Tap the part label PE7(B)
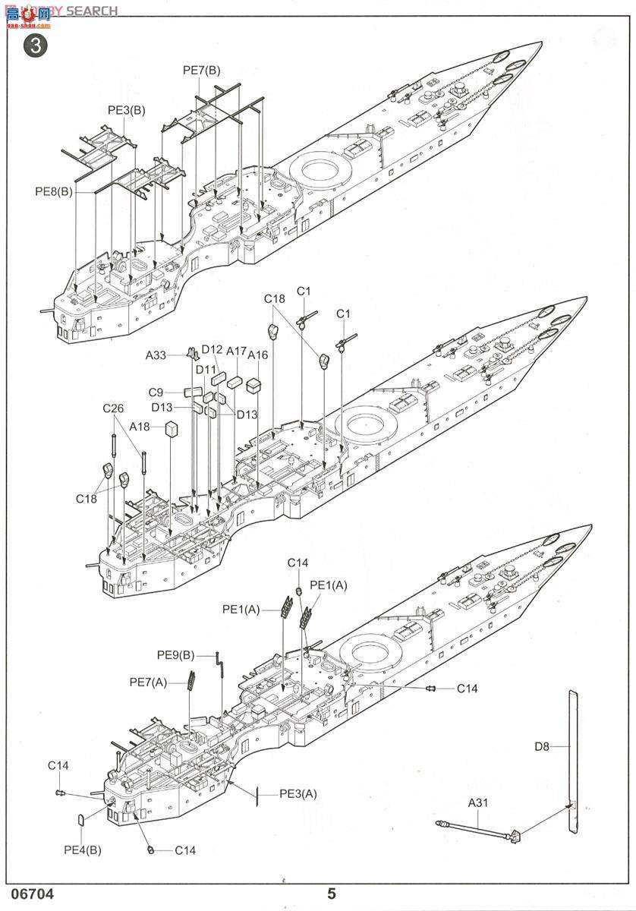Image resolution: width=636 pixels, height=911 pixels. point(201,71)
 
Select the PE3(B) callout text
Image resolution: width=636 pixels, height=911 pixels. point(126,110)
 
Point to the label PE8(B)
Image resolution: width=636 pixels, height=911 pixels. point(54,192)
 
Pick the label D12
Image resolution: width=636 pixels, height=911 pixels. point(212,350)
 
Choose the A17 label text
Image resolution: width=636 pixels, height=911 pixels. point(236,352)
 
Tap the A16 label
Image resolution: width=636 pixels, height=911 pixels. point(258,355)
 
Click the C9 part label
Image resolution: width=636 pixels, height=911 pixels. point(156,392)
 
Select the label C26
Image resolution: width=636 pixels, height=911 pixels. point(113,408)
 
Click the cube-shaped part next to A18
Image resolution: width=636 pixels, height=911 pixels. point(172,429)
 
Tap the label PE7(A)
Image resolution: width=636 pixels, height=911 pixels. point(148,682)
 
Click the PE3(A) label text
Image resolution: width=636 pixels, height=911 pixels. point(298,794)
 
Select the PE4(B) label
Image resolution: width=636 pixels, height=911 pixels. point(83,850)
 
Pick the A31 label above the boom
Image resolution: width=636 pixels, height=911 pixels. point(478,802)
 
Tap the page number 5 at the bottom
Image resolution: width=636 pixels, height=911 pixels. point(331,894)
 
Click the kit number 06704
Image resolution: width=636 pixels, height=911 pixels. point(33,894)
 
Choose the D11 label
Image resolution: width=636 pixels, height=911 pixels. point(206,370)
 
